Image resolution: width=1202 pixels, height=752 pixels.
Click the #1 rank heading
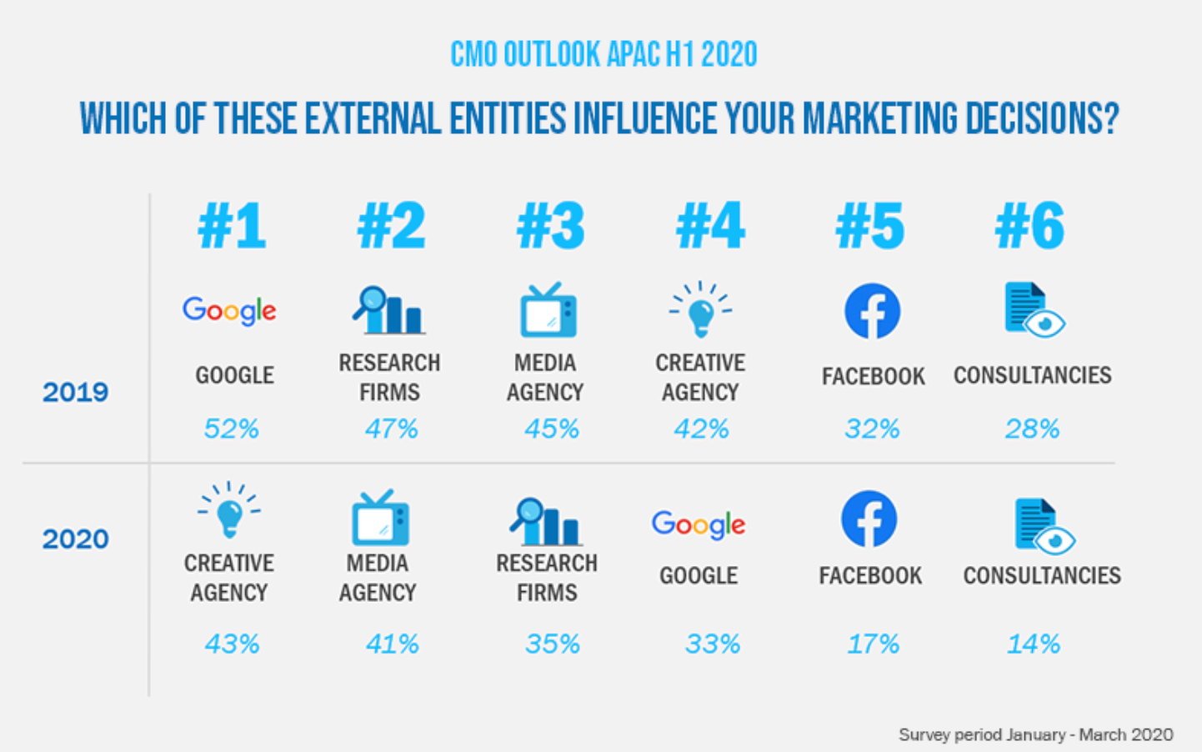(x=232, y=226)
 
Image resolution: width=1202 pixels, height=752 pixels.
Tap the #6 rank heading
(x=1029, y=226)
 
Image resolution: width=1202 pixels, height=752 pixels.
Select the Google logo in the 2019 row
(x=229, y=311)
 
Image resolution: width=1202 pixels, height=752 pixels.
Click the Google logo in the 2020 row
(x=699, y=524)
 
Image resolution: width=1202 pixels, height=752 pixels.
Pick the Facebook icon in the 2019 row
(x=872, y=311)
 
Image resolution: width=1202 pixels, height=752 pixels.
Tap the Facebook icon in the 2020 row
(x=869, y=519)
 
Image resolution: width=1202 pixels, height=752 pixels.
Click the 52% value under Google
(x=232, y=429)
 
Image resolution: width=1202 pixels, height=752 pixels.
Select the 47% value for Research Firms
(x=391, y=429)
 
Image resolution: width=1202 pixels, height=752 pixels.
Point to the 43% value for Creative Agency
(x=232, y=644)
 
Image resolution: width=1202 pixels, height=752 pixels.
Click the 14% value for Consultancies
(x=1033, y=644)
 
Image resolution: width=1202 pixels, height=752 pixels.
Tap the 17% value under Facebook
(x=873, y=644)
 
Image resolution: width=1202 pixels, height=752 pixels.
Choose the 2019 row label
(x=75, y=392)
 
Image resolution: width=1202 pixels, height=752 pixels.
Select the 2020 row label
(x=75, y=539)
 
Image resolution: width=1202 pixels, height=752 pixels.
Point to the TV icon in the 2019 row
(x=548, y=310)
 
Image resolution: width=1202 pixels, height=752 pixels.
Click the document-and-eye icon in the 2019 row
(x=1034, y=310)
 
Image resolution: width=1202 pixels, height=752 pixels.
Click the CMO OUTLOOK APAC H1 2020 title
(x=604, y=55)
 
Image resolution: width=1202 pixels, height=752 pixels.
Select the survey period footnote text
(x=1035, y=734)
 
